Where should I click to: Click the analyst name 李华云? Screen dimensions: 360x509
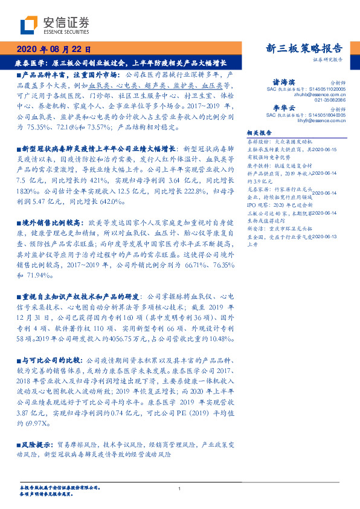pyautogui.click(x=284, y=106)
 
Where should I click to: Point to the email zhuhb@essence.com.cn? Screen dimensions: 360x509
pyautogui.click(x=320, y=95)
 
